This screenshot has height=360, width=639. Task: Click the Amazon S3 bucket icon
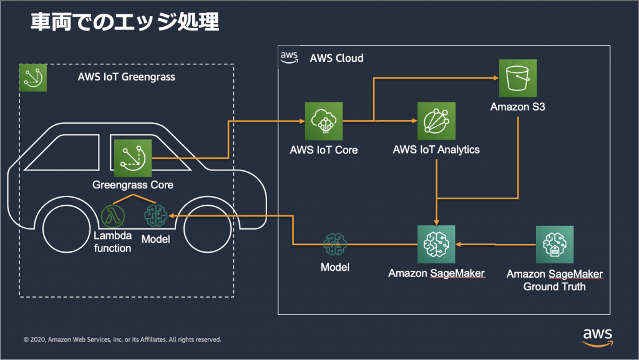point(517,78)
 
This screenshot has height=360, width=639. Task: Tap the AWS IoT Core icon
point(324,121)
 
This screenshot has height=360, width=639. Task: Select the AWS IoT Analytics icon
point(436,121)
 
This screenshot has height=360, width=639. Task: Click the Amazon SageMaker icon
point(436,245)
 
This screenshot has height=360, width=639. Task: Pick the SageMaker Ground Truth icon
point(555,245)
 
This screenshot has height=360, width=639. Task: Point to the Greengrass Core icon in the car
point(133,158)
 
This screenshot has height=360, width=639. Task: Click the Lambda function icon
point(113,216)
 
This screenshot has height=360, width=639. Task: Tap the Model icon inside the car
point(155,216)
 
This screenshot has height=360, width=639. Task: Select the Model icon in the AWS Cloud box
point(335,245)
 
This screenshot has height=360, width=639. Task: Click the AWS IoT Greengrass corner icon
point(33,77)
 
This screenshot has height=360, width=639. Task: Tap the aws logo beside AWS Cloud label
point(289,57)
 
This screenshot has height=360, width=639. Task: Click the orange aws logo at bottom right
point(597,338)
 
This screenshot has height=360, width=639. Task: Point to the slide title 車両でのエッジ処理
point(125,22)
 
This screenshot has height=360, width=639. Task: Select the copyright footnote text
point(122,339)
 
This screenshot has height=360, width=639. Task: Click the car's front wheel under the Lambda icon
point(66,229)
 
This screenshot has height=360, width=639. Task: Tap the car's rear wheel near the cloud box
point(208,229)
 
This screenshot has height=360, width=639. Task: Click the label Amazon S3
point(517,107)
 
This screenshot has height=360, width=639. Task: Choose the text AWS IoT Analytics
point(436,150)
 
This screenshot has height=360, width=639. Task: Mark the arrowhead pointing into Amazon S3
point(496,78)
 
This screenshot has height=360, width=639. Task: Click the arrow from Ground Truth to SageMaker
point(495,245)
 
